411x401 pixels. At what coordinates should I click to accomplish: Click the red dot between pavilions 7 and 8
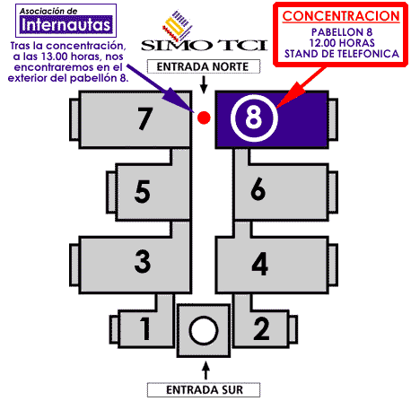(x=204, y=118)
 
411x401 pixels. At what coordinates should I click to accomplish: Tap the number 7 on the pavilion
(x=145, y=118)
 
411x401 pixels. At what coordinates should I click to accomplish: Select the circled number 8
(x=254, y=118)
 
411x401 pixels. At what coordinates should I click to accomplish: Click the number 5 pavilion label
(x=142, y=191)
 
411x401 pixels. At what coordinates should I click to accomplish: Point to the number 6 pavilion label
(x=258, y=189)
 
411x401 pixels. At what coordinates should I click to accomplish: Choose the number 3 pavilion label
(x=143, y=261)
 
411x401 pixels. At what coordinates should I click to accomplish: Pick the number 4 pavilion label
(x=259, y=264)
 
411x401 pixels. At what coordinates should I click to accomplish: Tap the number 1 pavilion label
(x=145, y=328)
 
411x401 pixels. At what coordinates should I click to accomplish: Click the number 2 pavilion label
(x=261, y=328)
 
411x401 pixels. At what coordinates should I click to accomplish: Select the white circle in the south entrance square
(x=204, y=330)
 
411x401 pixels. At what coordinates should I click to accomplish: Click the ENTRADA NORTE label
(x=203, y=66)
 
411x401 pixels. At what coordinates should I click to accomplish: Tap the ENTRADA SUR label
(x=205, y=390)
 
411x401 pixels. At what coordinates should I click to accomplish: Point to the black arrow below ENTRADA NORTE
(x=204, y=84)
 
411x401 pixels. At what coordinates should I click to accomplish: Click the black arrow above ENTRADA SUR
(x=205, y=370)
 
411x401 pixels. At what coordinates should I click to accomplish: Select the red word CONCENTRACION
(x=341, y=16)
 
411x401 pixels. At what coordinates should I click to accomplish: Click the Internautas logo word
(x=66, y=24)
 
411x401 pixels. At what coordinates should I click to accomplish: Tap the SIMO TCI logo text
(x=204, y=45)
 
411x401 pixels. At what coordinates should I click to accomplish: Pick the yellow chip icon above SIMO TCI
(x=177, y=26)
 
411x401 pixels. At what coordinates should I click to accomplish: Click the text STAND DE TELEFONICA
(x=342, y=54)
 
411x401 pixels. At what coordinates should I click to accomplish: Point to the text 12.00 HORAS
(x=342, y=43)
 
